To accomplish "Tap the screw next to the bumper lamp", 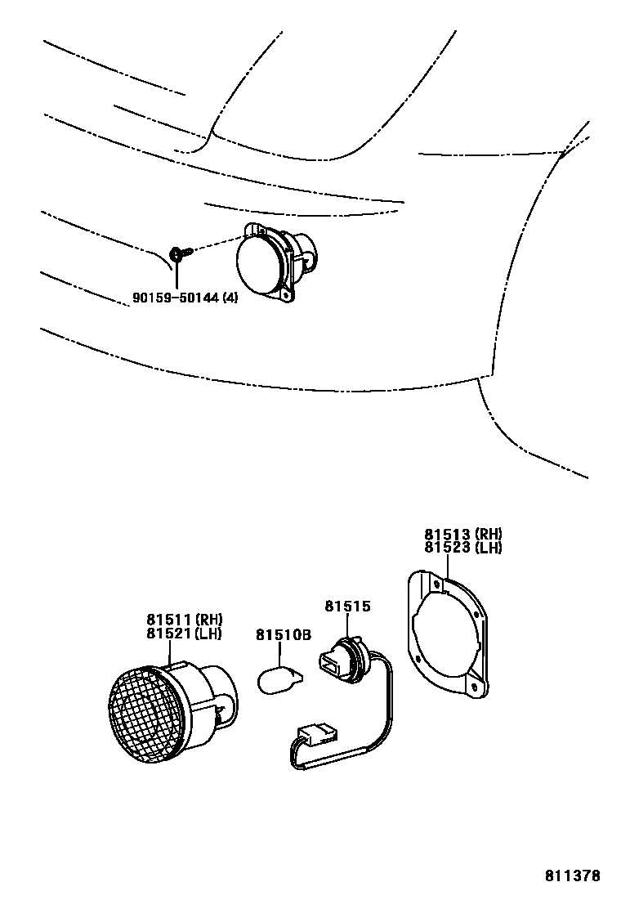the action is click(x=178, y=253).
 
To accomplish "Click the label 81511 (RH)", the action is click(x=185, y=620).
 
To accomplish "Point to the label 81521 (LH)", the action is click(x=185, y=633).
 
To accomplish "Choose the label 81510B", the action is click(x=284, y=634).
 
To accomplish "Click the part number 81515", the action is click(x=348, y=607).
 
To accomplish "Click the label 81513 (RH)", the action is click(x=462, y=535).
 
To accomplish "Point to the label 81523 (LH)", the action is click(x=462, y=548).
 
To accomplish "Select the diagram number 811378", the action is click(x=573, y=875).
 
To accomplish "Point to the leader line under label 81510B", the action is click(x=280, y=654).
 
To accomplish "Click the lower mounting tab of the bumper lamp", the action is click(x=286, y=296).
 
